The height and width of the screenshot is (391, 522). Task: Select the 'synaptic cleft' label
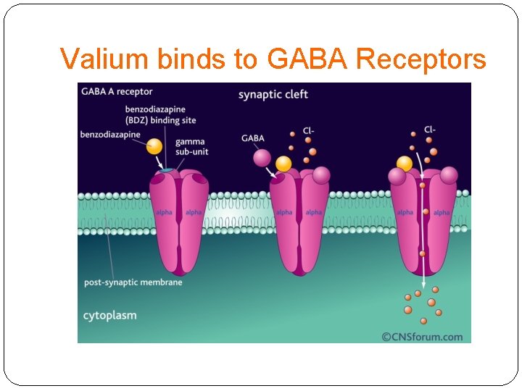[273, 94]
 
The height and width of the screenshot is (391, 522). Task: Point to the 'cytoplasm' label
[109, 315]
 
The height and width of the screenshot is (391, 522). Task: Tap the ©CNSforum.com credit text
[422, 336]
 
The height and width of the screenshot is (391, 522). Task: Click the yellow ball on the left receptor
[154, 146]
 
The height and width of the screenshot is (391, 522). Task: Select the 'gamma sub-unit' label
[190, 146]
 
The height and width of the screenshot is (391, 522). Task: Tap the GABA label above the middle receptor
[253, 138]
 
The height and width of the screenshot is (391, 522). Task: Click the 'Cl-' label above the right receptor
[430, 130]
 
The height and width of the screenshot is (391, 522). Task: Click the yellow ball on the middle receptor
[283, 164]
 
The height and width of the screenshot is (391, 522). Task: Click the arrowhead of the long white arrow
[423, 283]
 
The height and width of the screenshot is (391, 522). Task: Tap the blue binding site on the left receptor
[167, 170]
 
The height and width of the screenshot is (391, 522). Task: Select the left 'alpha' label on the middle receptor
[284, 212]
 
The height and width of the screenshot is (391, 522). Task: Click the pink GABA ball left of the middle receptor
[261, 158]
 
